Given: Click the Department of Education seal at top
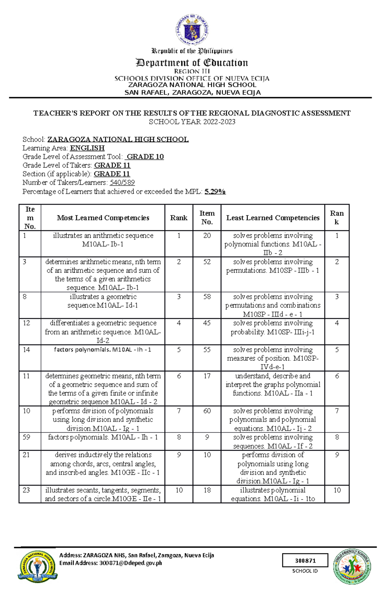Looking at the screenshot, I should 192,30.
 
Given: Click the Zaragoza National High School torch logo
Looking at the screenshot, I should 38,567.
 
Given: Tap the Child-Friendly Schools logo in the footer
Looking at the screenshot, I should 352,567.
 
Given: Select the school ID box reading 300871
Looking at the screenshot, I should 305,560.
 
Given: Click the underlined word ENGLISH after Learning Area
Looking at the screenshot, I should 87,148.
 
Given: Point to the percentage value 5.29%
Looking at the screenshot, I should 215,192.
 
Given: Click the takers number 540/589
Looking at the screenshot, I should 122,183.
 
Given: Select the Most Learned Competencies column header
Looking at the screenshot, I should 103,218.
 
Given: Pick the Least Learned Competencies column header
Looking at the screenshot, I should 273,218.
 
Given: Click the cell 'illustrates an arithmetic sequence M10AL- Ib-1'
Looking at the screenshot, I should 103,240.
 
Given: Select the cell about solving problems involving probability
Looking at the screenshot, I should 273,328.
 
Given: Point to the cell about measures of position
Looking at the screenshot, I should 273,358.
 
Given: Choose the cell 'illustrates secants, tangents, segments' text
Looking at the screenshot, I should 103,494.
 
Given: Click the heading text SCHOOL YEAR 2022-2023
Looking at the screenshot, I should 192,122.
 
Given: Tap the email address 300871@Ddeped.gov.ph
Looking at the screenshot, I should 131,563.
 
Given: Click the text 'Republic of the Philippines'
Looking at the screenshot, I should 192,51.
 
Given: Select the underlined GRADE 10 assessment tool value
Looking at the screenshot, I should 145,157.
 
